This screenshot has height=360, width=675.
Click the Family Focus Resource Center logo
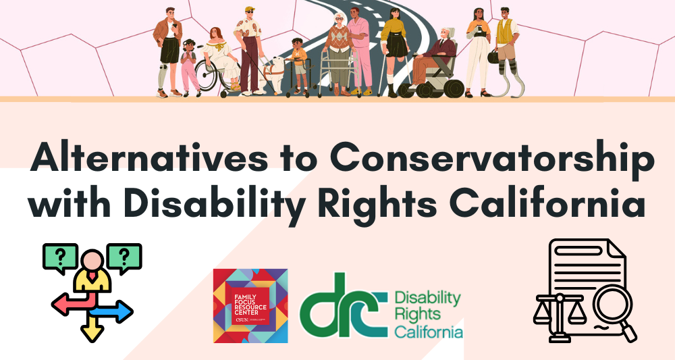coord(250,305)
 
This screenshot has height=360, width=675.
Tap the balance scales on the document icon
coord(556,310)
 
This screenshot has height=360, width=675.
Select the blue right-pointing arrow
coord(117,311)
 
